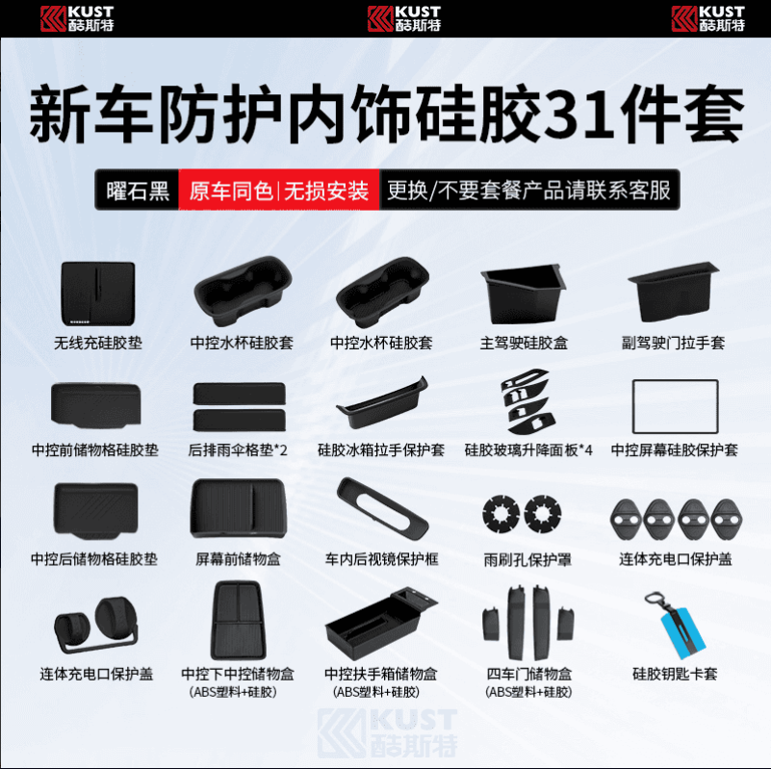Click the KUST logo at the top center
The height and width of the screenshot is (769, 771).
click(404, 18)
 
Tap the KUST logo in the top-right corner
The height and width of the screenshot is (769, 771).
click(708, 18)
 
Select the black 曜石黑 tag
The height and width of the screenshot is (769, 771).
click(138, 191)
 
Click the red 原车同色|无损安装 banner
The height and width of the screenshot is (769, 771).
click(279, 191)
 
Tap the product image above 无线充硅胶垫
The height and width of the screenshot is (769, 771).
click(98, 294)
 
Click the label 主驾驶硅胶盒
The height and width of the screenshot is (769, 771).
click(524, 343)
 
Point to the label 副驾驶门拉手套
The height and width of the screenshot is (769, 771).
click(673, 343)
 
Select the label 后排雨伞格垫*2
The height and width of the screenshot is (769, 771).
click(238, 449)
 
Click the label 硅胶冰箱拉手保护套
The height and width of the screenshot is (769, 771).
click(381, 449)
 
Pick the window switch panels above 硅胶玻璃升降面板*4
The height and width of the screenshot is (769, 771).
click(528, 401)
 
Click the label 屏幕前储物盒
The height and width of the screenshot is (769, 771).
click(238, 559)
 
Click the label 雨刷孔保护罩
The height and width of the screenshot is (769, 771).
click(527, 559)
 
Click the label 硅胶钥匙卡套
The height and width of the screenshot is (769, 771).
click(675, 674)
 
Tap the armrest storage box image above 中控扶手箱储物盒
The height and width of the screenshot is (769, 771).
click(381, 621)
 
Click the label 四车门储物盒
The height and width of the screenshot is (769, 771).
click(529, 674)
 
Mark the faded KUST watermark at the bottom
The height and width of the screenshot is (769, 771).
click(388, 732)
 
